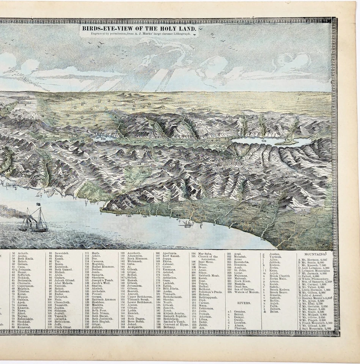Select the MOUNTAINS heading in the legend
314,254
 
